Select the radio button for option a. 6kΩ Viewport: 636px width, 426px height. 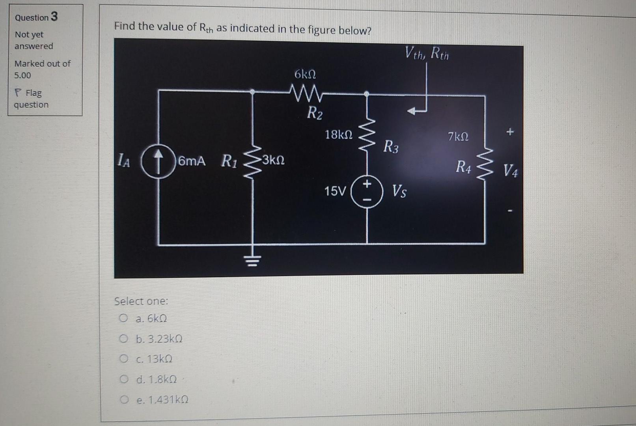pyautogui.click(x=124, y=318)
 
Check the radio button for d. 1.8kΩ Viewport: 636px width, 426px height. pyautogui.click(x=124, y=379)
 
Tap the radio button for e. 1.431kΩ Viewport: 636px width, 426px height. pyautogui.click(x=124, y=400)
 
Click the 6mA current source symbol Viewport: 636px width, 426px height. pyautogui.click(x=158, y=161)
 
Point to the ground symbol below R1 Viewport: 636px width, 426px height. pyautogui.click(x=252, y=260)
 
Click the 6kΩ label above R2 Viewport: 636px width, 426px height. pyautogui.click(x=305, y=74)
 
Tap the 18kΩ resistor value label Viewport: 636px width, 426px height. pyautogui.click(x=338, y=135)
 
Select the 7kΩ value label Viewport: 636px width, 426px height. pyautogui.click(x=458, y=137)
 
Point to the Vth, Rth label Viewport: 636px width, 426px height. pyautogui.click(x=427, y=53)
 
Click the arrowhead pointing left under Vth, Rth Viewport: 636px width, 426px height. pyautogui.click(x=412, y=111)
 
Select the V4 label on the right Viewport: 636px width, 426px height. pyautogui.click(x=510, y=171)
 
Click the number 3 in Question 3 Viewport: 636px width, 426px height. pyautogui.click(x=54, y=17)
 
